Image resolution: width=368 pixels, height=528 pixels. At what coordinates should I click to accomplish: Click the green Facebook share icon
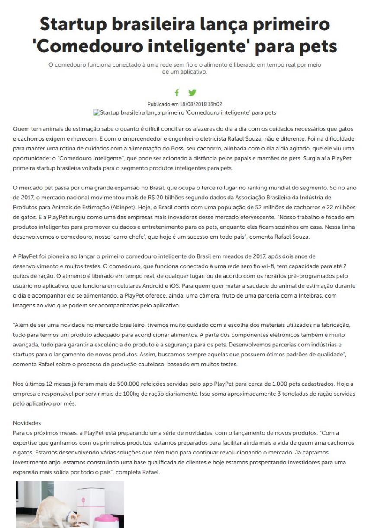tap(177, 93)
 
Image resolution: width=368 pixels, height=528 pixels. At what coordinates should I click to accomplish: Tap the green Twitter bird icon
tap(192, 93)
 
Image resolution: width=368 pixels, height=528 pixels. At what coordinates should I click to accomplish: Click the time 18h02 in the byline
tap(215, 104)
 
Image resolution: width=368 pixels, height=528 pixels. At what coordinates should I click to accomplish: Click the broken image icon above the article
tap(96, 112)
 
